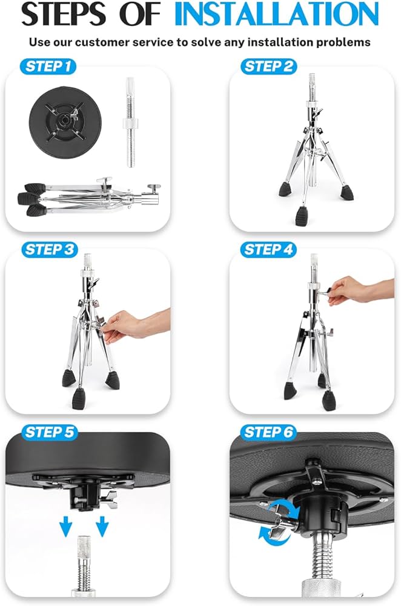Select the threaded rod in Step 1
[x=128, y=124]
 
